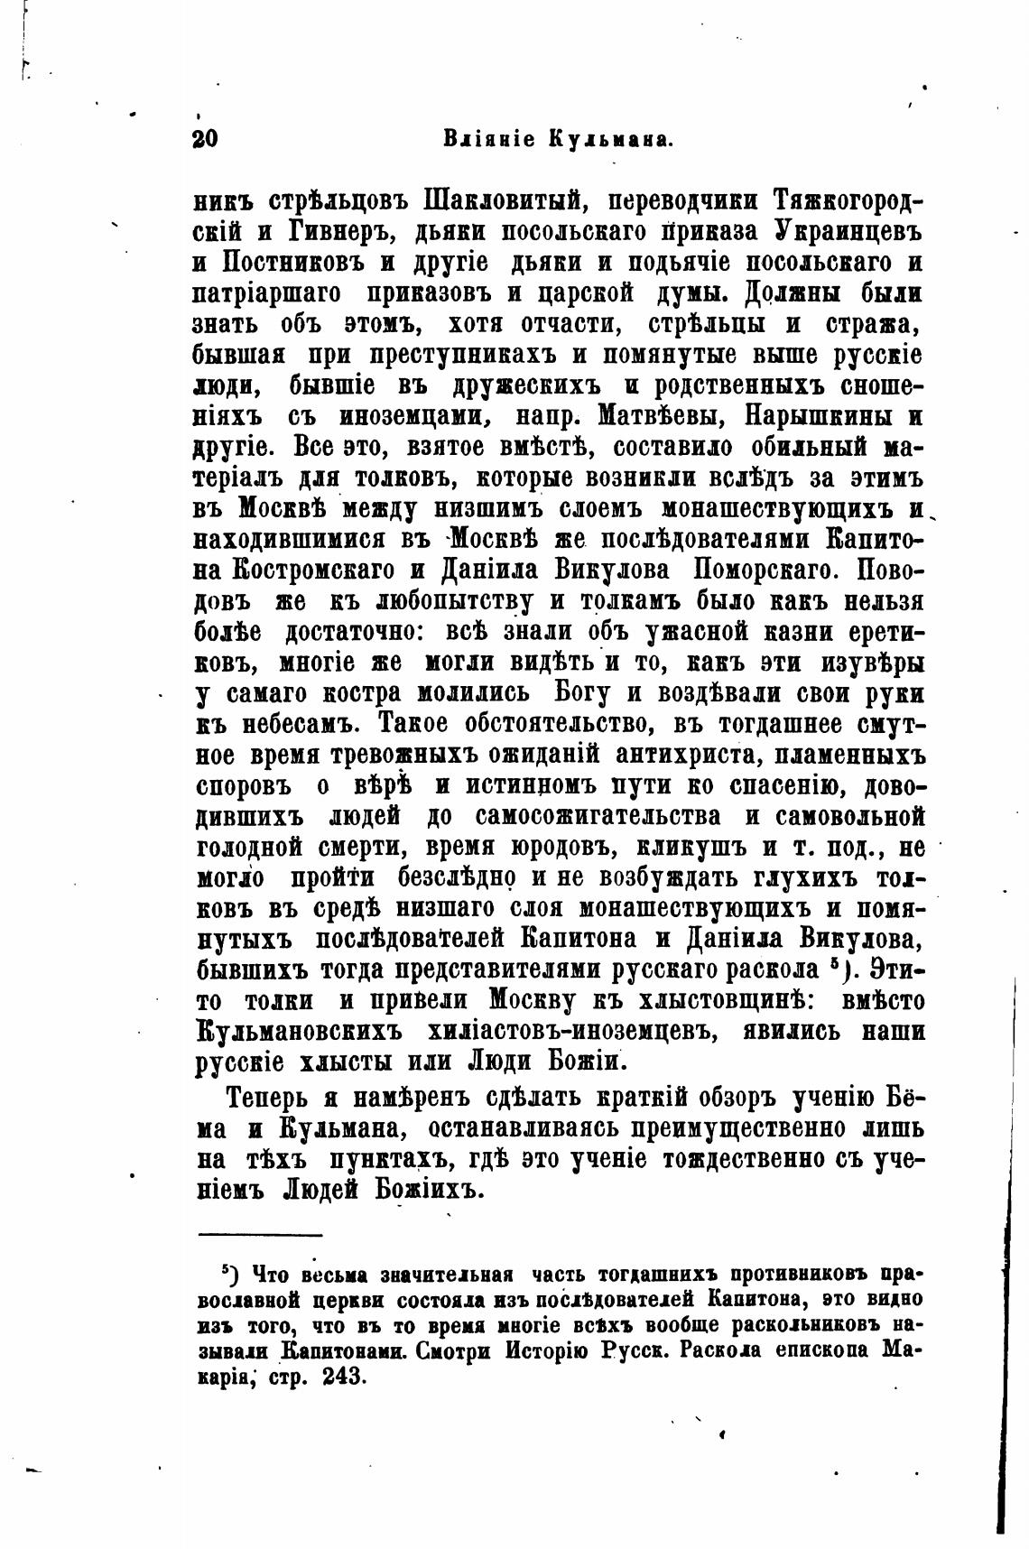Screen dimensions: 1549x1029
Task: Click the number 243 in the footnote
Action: pyautogui.click(x=340, y=1378)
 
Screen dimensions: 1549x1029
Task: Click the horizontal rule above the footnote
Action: pyautogui.click(x=260, y=1234)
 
